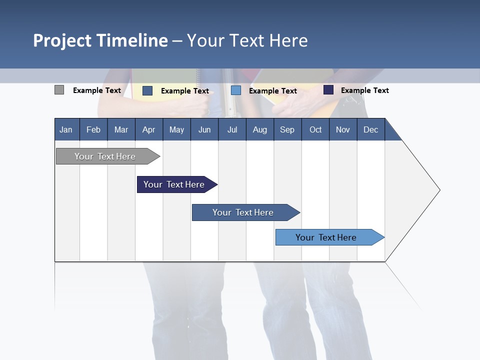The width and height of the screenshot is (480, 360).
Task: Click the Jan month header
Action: pyautogui.click(x=66, y=129)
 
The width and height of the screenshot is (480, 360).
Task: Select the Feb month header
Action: pyautogui.click(x=93, y=129)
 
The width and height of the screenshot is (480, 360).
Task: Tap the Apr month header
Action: pyautogui.click(x=148, y=129)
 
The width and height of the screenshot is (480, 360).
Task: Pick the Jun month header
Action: pyautogui.click(x=204, y=129)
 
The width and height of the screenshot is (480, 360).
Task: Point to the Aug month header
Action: pyautogui.click(x=259, y=129)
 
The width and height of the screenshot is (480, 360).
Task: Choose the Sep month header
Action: pyautogui.click(x=287, y=129)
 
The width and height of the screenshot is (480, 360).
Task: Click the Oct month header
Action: pyautogui.click(x=315, y=129)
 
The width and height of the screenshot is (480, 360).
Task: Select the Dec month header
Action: pyautogui.click(x=370, y=129)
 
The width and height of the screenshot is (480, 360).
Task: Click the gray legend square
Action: pyautogui.click(x=59, y=90)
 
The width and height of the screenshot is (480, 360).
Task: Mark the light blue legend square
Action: pyautogui.click(x=236, y=90)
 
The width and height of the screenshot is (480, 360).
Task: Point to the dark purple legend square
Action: pyautogui.click(x=328, y=90)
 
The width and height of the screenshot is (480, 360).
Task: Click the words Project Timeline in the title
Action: pyautogui.click(x=100, y=40)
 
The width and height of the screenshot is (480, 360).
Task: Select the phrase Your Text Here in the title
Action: pyautogui.click(x=247, y=40)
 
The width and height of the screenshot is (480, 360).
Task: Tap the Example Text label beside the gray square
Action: pyautogui.click(x=97, y=90)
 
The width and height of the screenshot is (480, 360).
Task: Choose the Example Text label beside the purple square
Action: pyautogui.click(x=365, y=90)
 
